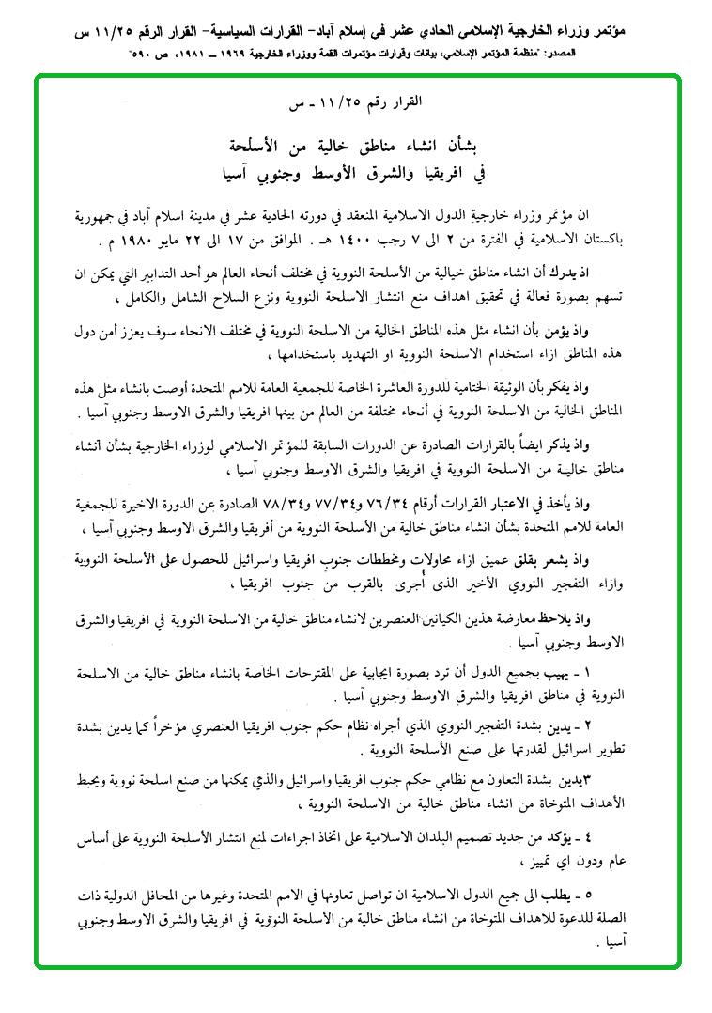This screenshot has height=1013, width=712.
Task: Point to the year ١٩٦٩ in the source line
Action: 255,55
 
